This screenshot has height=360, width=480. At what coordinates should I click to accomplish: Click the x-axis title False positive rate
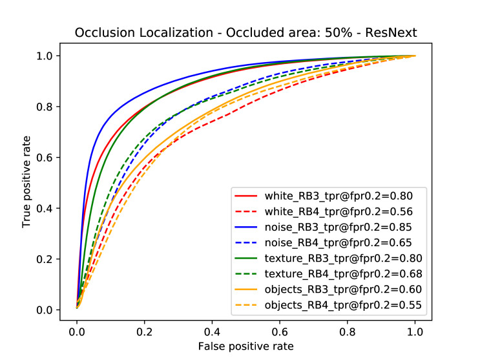pos(245,346)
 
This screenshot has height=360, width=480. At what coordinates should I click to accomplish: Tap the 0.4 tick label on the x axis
pos(212,329)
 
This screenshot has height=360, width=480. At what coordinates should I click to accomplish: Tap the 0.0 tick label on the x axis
pos(77,329)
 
